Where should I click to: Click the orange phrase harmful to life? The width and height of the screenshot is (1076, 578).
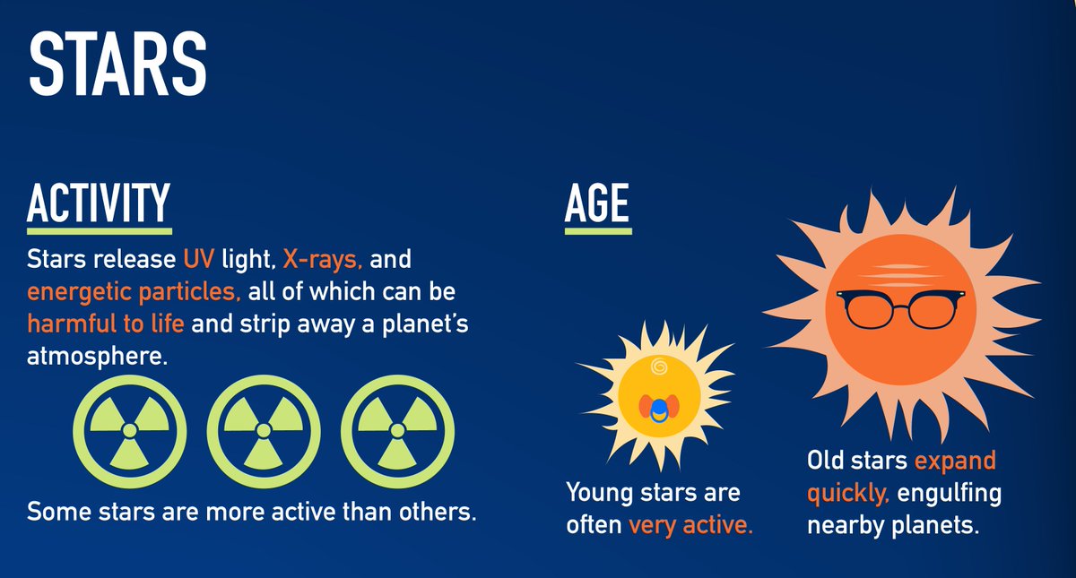(105, 324)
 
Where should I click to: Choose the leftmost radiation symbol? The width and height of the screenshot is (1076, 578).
(130, 430)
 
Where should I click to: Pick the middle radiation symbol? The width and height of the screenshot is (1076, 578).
(264, 430)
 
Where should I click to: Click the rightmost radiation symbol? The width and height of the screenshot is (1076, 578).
(397, 430)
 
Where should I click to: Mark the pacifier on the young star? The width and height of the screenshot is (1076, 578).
(659, 409)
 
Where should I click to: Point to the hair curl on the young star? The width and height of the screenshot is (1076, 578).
(659, 366)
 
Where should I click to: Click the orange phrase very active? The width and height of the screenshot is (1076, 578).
(690, 524)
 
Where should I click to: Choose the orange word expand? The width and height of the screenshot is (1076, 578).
(955, 462)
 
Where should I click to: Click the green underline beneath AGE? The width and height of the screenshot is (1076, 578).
(598, 230)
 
